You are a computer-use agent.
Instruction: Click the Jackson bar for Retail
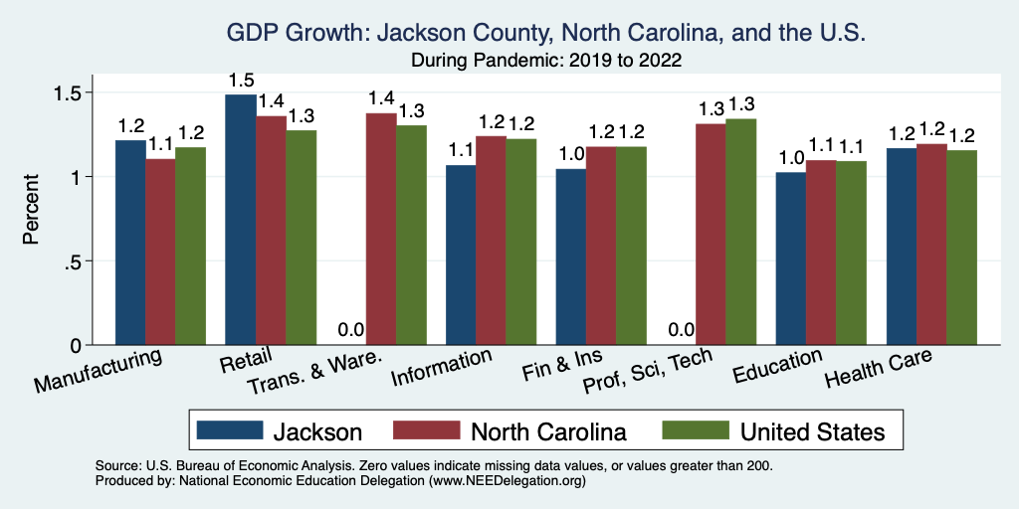pos(241,220)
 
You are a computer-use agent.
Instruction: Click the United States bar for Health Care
pos(961,248)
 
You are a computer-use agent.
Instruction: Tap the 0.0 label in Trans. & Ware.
pos(351,330)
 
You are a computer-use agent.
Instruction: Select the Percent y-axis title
pos(32,210)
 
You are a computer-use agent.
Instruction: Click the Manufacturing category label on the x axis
pos(100,369)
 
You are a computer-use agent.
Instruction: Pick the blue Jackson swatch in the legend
pos(230,431)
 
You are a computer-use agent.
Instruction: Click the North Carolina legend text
pos(548,431)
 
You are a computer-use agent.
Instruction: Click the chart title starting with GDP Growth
pos(546,34)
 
